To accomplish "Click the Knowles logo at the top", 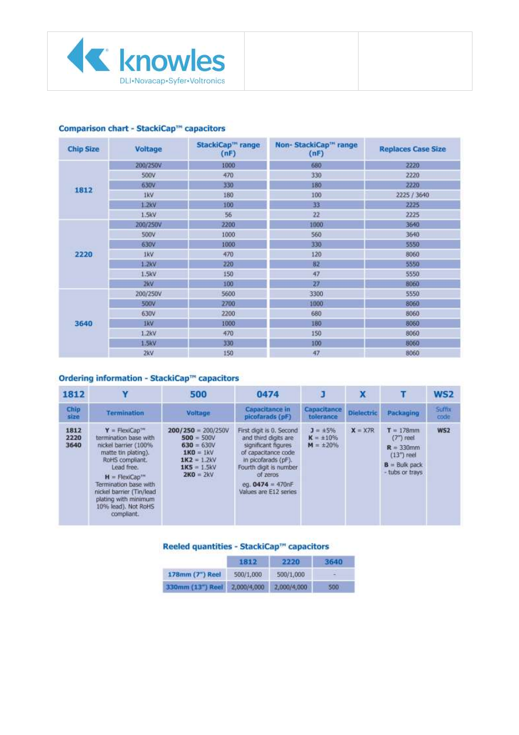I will pyautogui.click(x=146, y=61).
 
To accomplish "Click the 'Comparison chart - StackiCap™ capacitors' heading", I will pyautogui.click(x=142, y=129).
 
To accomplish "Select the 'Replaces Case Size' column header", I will pyautogui.click(x=412, y=149).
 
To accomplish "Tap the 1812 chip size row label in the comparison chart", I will pyautogui.click(x=84, y=190).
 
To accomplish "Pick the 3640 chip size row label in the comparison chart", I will pyautogui.click(x=84, y=324).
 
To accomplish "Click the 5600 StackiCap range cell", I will pyautogui.click(x=228, y=294).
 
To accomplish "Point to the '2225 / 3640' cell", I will pyautogui.click(x=412, y=195).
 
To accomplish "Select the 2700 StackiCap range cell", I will pyautogui.click(x=228, y=304).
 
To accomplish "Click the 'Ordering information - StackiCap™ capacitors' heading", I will pyautogui.click(x=149, y=378).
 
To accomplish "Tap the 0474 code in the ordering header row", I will pyautogui.click(x=267, y=394).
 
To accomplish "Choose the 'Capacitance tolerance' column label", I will pyautogui.click(x=323, y=413).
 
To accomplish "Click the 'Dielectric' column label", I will pyautogui.click(x=363, y=413).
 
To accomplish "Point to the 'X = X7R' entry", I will pyautogui.click(x=363, y=431).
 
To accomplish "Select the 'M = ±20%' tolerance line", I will pyautogui.click(x=323, y=445).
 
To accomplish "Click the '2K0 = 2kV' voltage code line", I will pyautogui.click(x=198, y=475).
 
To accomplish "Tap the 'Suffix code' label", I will pyautogui.click(x=443, y=413).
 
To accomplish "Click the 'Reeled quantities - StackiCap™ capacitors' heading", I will pyautogui.click(x=246, y=546).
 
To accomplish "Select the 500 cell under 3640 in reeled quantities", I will pyautogui.click(x=334, y=587).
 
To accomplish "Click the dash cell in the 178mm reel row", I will pyautogui.click(x=334, y=574).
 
